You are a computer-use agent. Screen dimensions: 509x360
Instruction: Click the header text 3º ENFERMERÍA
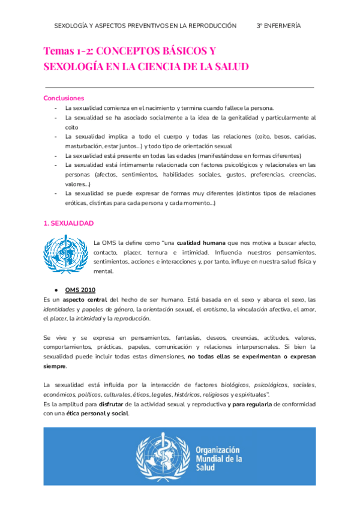point(278,26)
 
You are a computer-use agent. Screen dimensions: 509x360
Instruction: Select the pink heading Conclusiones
point(64,98)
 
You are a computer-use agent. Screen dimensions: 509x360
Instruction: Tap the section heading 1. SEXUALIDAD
point(69,223)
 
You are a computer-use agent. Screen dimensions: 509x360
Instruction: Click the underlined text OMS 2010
point(80,289)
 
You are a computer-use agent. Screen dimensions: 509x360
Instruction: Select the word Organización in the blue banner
point(218,449)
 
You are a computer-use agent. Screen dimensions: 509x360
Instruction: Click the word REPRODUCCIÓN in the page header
point(208,26)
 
